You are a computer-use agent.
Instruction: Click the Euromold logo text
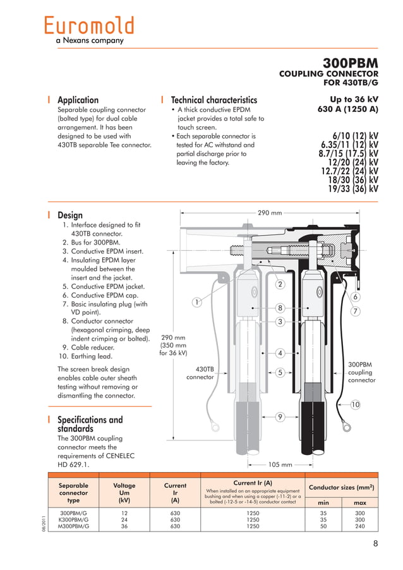pyautogui.click(x=89, y=26)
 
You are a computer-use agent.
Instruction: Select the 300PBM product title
pyautogui.click(x=350, y=64)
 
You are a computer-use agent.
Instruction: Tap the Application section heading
pyautogui.click(x=78, y=100)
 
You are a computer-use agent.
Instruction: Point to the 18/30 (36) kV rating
pyautogui.click(x=352, y=179)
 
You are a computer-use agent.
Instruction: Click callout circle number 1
pyautogui.click(x=197, y=303)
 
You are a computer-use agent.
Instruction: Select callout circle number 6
pyautogui.click(x=356, y=297)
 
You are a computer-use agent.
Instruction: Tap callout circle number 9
pyautogui.click(x=280, y=416)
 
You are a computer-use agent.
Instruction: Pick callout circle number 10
pyautogui.click(x=355, y=404)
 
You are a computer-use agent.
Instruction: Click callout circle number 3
pyautogui.click(x=280, y=322)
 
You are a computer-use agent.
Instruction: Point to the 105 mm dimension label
pyautogui.click(x=280, y=464)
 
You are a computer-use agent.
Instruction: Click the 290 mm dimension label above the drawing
pyautogui.click(x=270, y=213)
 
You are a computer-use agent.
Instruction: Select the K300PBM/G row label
pyautogui.click(x=74, y=519)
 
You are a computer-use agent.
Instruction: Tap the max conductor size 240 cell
pyautogui.click(x=360, y=526)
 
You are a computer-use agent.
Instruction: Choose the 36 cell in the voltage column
pyautogui.click(x=124, y=526)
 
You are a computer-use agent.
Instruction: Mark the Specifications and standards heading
pyautogui.click(x=90, y=424)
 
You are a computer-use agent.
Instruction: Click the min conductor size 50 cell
pyautogui.click(x=323, y=526)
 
